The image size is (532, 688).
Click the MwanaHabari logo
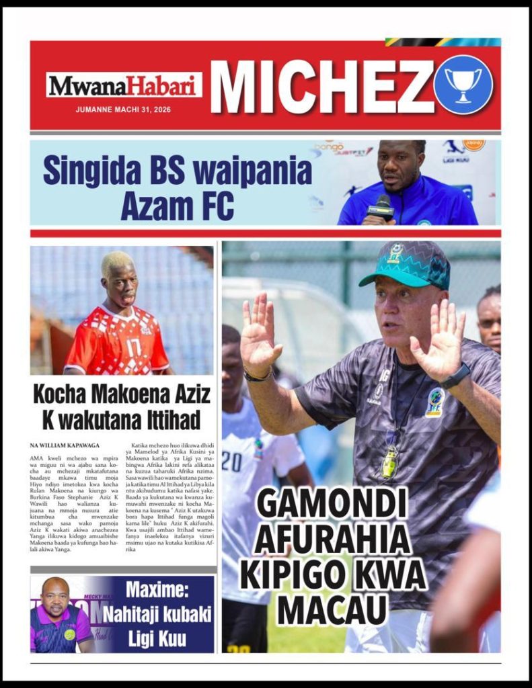124,85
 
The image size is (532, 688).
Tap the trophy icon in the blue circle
463,85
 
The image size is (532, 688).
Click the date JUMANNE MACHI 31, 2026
123,110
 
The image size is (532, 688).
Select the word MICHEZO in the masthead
321,85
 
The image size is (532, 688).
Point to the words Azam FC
178,206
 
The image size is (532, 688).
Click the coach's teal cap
406,264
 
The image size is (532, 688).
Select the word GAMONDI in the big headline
332,503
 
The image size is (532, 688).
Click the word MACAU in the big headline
332,609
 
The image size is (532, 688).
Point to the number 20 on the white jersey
231,461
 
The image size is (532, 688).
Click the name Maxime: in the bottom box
159,593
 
